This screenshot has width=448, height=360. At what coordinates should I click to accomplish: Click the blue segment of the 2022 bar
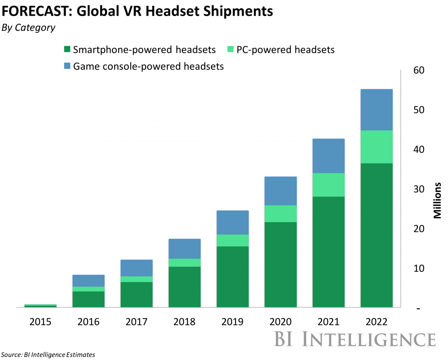(x=376, y=109)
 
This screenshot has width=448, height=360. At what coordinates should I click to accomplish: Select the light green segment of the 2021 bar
(x=329, y=184)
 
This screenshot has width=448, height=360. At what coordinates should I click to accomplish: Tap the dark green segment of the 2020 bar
(x=280, y=264)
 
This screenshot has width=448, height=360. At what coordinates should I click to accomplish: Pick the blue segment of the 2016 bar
(x=88, y=280)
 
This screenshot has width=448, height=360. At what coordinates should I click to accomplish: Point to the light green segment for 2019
(x=233, y=240)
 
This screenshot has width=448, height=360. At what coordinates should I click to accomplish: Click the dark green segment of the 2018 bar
(x=184, y=286)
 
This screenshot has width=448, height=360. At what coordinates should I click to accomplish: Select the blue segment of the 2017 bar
(x=136, y=268)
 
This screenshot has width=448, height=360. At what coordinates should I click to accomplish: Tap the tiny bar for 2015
(x=40, y=305)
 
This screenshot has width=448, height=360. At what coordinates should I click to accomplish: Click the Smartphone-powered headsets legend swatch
(x=67, y=50)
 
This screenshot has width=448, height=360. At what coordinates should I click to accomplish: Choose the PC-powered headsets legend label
(x=286, y=50)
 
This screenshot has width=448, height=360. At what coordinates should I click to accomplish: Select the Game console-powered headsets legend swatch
(x=67, y=66)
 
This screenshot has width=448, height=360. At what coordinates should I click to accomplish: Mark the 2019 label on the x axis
(x=232, y=322)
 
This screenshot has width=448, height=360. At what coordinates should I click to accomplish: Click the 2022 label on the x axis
(x=376, y=322)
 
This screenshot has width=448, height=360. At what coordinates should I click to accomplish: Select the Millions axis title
(x=438, y=200)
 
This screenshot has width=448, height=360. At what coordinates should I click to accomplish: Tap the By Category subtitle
(x=28, y=28)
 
